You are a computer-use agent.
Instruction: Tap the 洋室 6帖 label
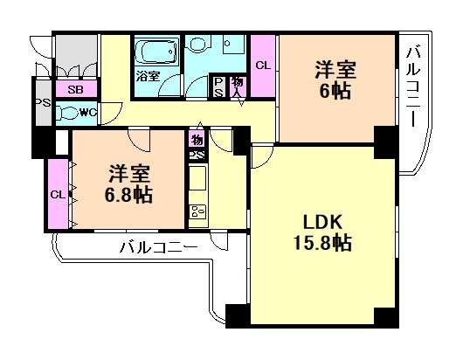[335, 78]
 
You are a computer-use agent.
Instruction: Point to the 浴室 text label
[147, 76]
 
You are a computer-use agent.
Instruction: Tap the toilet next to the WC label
[67, 112]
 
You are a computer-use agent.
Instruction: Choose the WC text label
[87, 112]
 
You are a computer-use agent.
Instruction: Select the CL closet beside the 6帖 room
[262, 65]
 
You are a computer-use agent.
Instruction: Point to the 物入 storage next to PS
[238, 84]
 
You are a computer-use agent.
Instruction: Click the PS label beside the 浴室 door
[219, 84]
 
